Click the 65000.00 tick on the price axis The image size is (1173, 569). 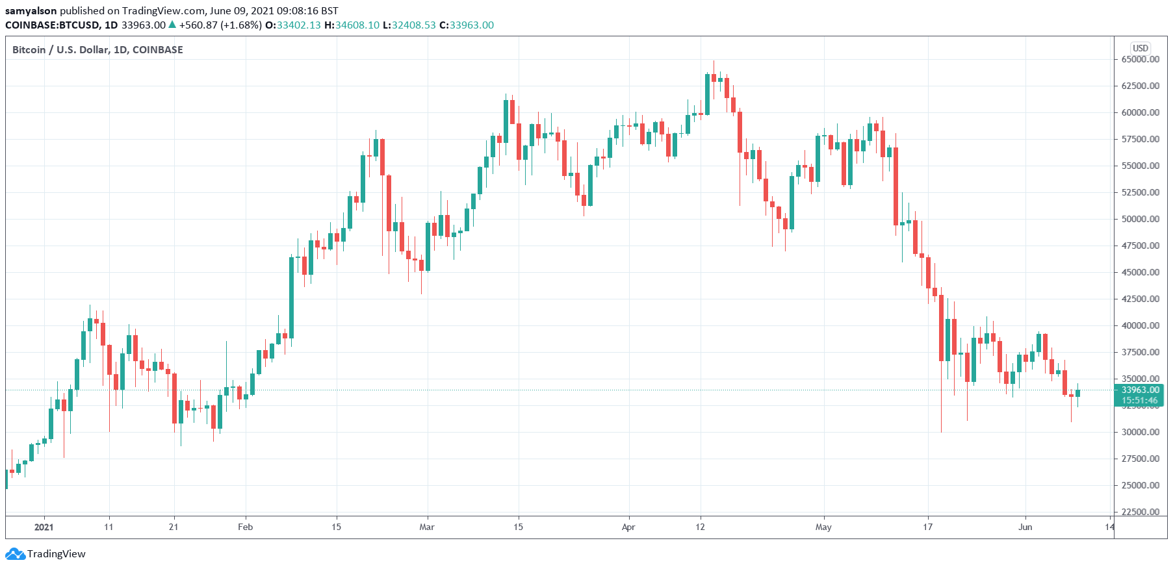click(x=1140, y=59)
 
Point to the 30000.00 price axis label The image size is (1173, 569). click(x=1140, y=432)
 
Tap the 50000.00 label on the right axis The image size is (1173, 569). click(x=1140, y=219)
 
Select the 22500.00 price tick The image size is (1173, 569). click(x=1140, y=512)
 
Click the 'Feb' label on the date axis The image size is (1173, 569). click(x=245, y=527)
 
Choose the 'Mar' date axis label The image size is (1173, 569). click(x=427, y=527)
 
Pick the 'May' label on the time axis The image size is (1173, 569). click(x=823, y=527)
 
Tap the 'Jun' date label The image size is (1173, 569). click(x=1025, y=527)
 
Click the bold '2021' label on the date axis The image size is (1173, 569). click(x=44, y=527)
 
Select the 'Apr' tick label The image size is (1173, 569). click(x=628, y=527)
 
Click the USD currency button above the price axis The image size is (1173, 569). click(x=1141, y=48)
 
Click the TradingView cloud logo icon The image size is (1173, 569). click(x=15, y=554)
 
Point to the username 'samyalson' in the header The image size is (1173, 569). click(x=31, y=10)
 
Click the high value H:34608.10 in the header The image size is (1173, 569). click(x=352, y=25)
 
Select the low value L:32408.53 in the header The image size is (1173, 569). click(x=409, y=25)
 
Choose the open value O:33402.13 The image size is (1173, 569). click(x=294, y=25)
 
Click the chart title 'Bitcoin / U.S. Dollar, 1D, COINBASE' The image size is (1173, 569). click(x=97, y=50)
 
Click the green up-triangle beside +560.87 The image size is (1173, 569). click(x=172, y=25)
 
